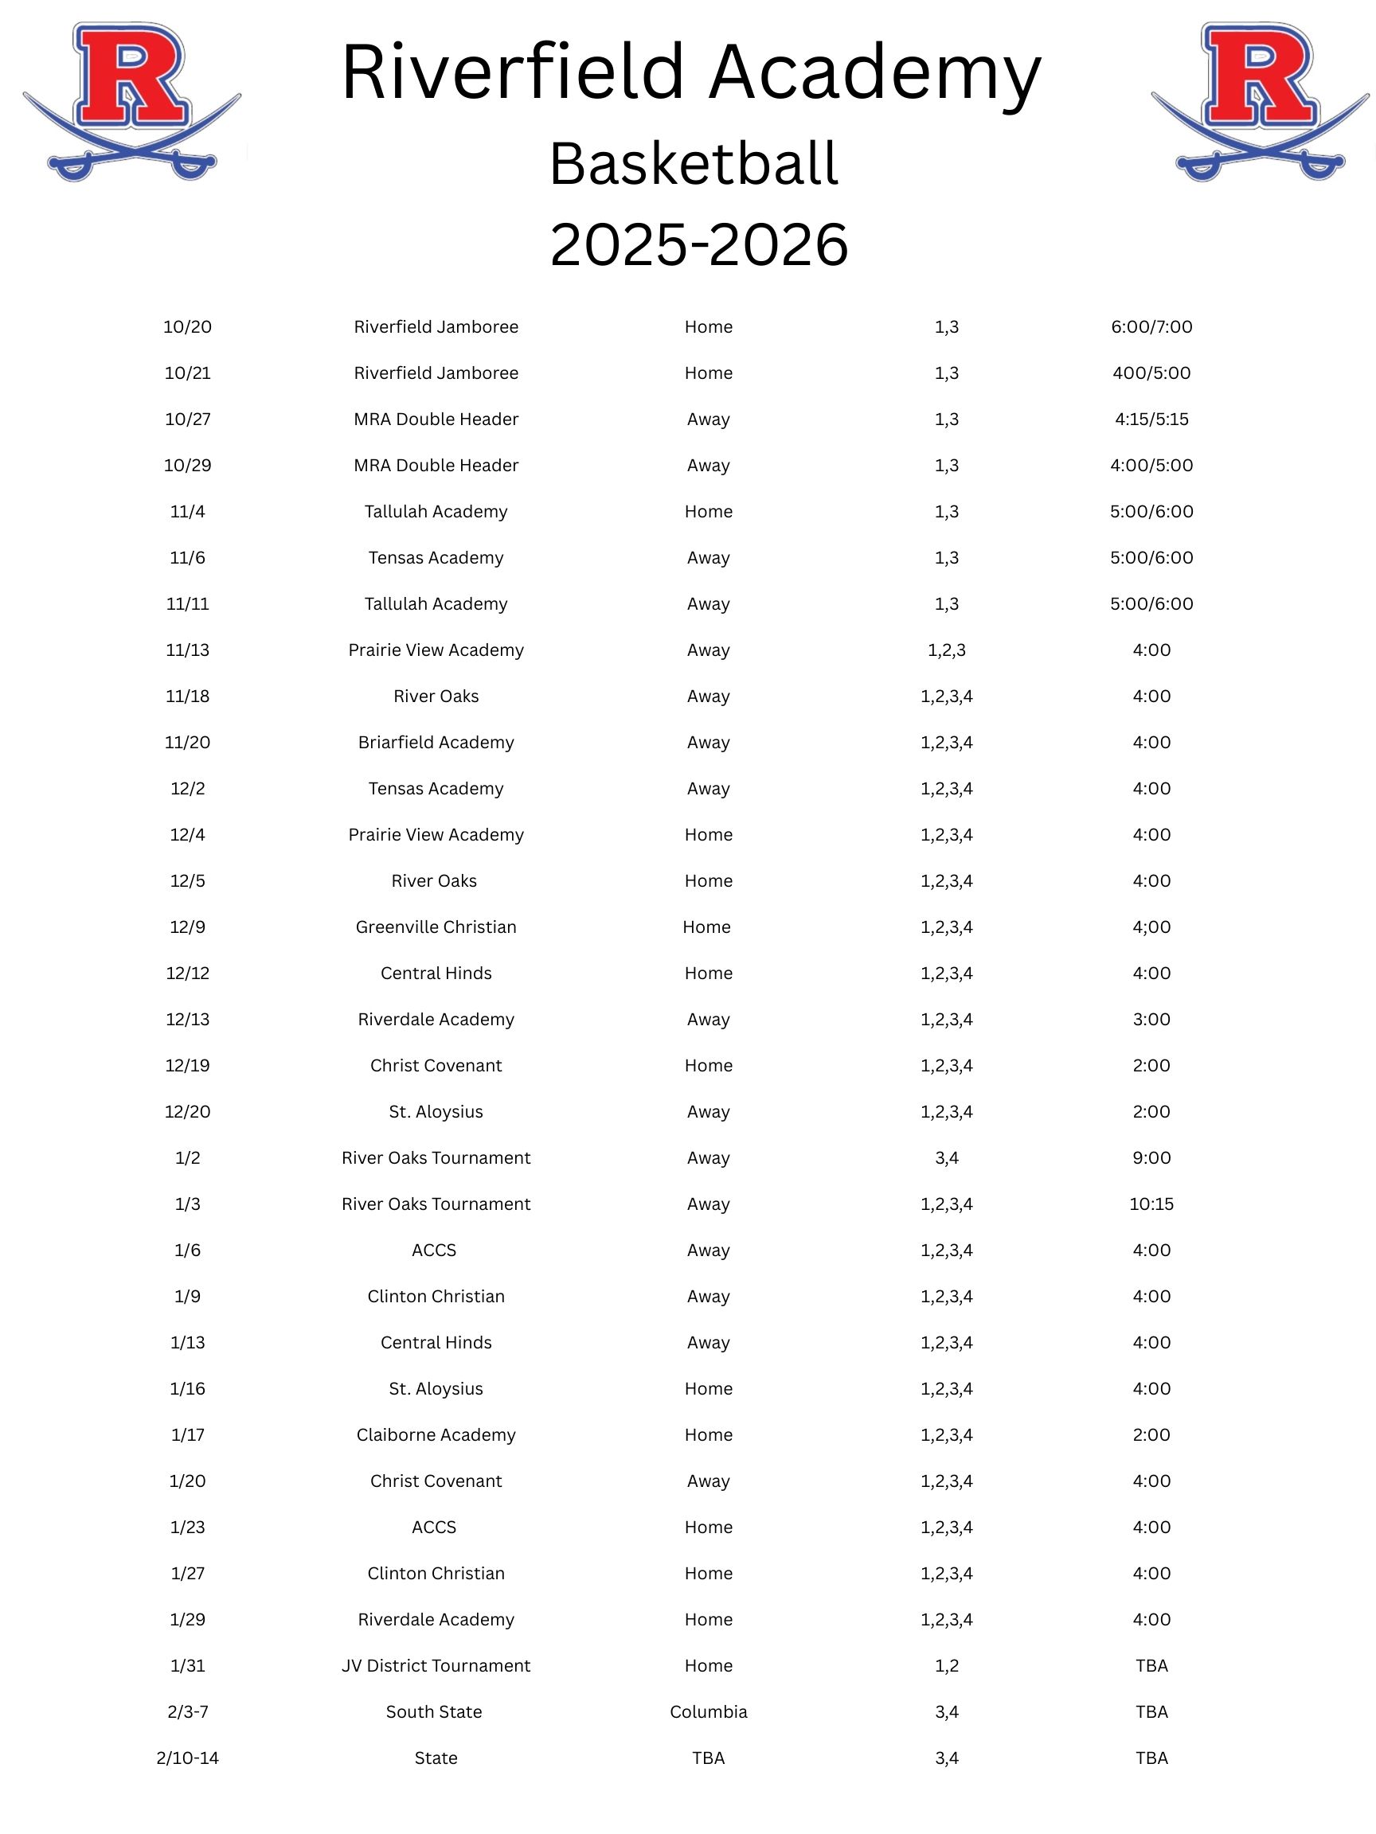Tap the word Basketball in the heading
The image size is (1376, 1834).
[694, 163]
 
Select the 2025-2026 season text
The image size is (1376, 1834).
[698, 244]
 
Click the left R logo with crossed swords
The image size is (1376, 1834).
[131, 101]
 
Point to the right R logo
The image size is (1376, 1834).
[1259, 101]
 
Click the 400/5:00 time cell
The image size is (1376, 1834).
[1151, 373]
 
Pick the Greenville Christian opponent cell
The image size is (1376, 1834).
[436, 927]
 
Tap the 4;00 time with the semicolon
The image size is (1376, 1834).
[1151, 927]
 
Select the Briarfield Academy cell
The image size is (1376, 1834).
[436, 742]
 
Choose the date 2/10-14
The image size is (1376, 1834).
[187, 1758]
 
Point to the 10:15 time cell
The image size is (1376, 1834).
[1151, 1204]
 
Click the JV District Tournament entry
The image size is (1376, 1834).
[436, 1666]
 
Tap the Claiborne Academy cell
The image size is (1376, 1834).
[436, 1434]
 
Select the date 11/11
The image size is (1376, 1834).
[187, 603]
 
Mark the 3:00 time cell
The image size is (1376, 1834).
[1151, 1019]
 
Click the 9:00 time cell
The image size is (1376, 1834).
[1151, 1157]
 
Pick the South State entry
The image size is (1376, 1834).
[434, 1711]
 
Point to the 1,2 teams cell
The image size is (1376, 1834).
[945, 1666]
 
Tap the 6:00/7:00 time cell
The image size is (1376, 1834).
[1151, 326]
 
